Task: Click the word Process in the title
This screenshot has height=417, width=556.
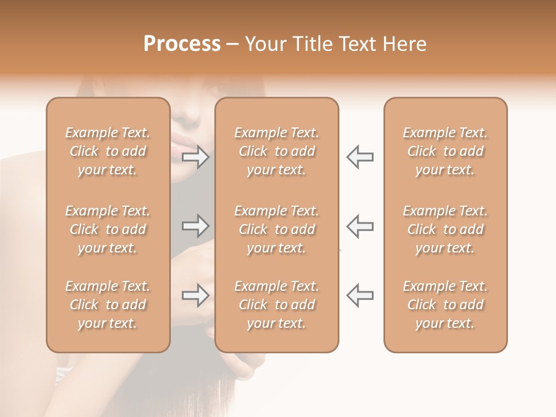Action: (x=182, y=44)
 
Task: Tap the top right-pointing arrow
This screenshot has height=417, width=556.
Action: (x=196, y=157)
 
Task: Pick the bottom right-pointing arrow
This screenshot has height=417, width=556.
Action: (x=196, y=295)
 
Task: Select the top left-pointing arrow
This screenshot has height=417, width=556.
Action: (x=360, y=157)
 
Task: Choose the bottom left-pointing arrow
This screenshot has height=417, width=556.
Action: (x=360, y=295)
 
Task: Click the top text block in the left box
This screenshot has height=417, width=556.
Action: (x=108, y=151)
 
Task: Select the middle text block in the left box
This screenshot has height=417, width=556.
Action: (x=108, y=229)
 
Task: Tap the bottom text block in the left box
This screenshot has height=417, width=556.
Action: (x=108, y=305)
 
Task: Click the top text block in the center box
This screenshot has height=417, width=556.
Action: (x=277, y=151)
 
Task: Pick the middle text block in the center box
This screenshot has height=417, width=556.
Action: (x=277, y=229)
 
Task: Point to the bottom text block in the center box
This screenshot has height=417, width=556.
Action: (x=277, y=305)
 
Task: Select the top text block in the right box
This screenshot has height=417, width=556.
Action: (x=445, y=151)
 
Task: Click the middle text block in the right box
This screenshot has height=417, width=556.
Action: (x=445, y=229)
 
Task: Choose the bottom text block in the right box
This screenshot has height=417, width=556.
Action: (x=445, y=305)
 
